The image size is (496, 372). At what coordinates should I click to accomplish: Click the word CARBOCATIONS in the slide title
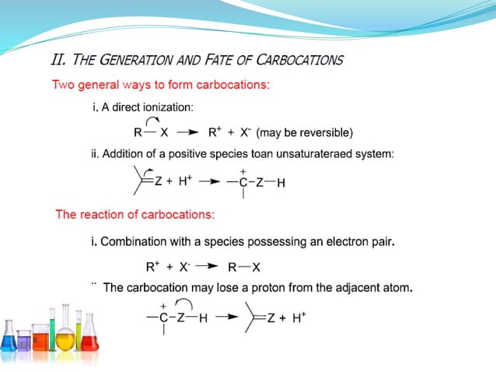point(301,60)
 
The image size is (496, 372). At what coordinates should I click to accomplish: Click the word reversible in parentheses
point(327,132)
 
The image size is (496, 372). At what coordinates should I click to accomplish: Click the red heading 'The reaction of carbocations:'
point(135,215)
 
